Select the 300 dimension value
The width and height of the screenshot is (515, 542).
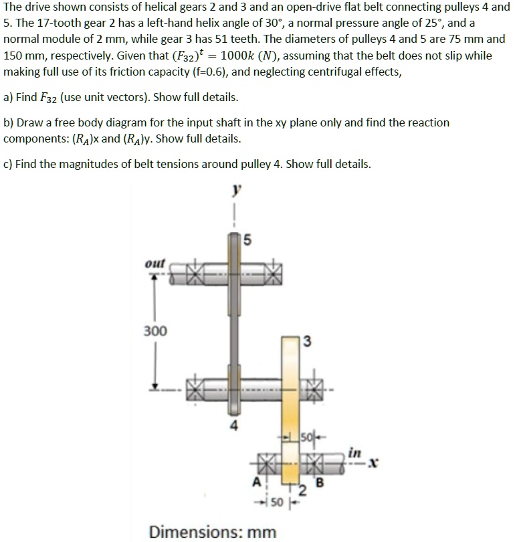[155, 331]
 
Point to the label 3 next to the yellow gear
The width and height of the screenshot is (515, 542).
[307, 344]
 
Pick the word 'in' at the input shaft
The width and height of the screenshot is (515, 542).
[354, 454]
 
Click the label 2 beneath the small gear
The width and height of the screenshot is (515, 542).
[302, 493]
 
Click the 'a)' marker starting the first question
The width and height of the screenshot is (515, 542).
[9, 98]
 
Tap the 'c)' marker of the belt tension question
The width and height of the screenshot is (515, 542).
[9, 164]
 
